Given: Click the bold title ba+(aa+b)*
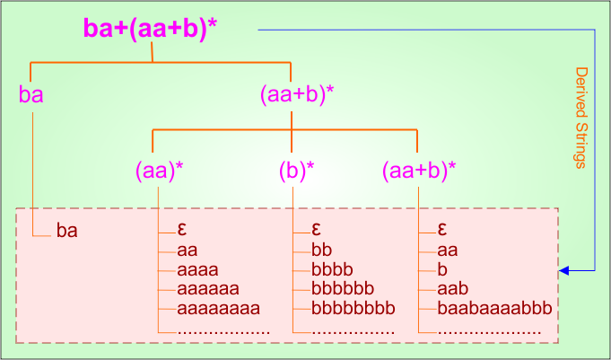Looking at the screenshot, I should pyautogui.click(x=150, y=28).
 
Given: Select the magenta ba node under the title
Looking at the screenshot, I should pyautogui.click(x=31, y=93).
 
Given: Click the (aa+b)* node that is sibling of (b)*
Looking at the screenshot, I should pyautogui.click(x=418, y=169).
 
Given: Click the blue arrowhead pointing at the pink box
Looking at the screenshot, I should pyautogui.click(x=563, y=269).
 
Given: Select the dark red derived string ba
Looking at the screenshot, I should pyautogui.click(x=67, y=231).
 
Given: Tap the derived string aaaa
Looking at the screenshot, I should pyautogui.click(x=198, y=269).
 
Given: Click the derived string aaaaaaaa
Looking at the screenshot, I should pyautogui.click(x=218, y=309).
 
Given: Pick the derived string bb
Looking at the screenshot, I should pyautogui.click(x=322, y=250).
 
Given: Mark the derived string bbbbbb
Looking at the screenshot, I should pyautogui.click(x=343, y=289).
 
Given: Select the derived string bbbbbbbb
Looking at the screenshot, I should pyautogui.click(x=353, y=309).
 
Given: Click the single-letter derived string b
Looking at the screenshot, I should pyautogui.click(x=442, y=269).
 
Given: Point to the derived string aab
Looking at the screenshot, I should pyautogui.click(x=453, y=289).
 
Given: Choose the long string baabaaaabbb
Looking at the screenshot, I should pyautogui.click(x=493, y=309).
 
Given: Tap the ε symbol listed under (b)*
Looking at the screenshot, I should pyautogui.click(x=316, y=229).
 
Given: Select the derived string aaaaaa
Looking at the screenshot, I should pyautogui.click(x=208, y=289).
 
